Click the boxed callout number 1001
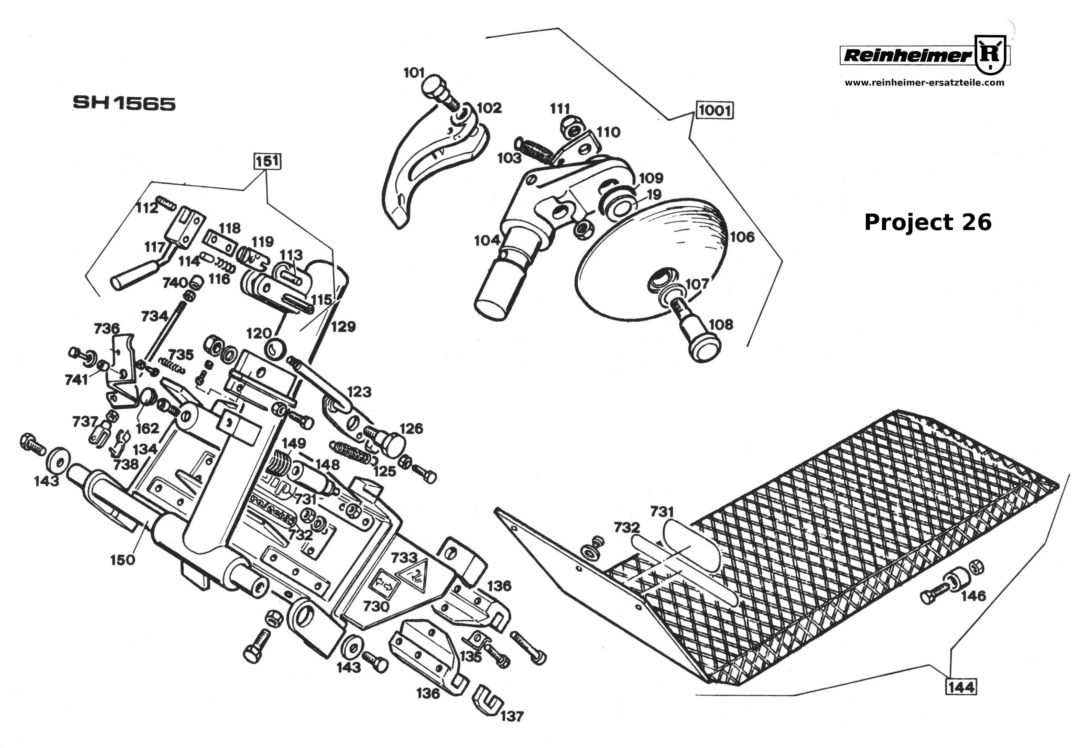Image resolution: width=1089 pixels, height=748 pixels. click(715, 111)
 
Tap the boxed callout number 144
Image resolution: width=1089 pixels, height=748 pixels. click(961, 687)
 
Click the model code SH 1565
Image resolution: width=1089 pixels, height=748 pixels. click(124, 104)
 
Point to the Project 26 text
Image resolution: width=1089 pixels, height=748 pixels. click(927, 222)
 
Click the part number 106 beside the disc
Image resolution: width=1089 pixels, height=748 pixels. click(742, 237)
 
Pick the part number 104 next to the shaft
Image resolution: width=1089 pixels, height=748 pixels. click(487, 240)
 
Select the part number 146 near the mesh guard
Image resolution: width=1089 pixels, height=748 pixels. click(974, 596)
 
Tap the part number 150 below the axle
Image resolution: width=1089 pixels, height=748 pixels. click(122, 560)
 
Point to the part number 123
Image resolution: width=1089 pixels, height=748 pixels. click(359, 392)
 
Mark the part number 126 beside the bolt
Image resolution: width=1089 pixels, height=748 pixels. click(411, 428)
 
